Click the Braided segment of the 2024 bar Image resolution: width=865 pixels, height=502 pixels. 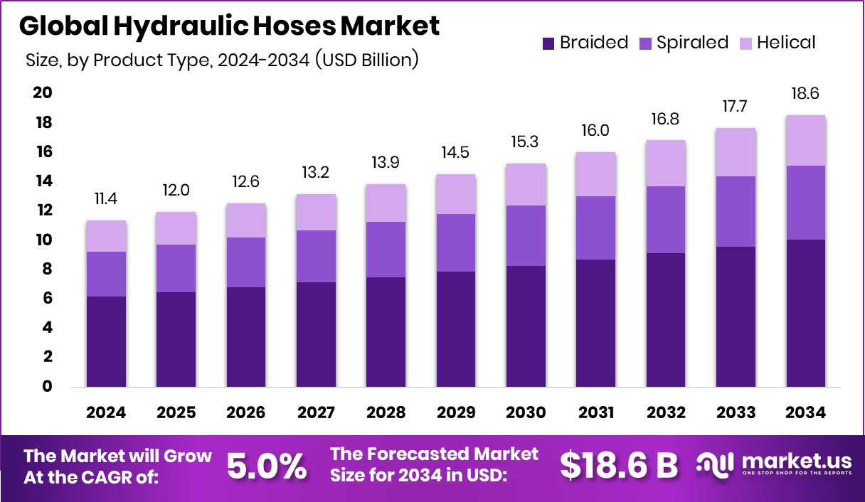pos(107,342)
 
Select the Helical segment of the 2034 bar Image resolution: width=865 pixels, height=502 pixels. pos(806,141)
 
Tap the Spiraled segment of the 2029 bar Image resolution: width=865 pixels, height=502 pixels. pos(456,243)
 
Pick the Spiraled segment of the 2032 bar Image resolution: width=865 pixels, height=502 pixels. pos(666,220)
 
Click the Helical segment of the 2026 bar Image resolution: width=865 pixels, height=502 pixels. pos(246,220)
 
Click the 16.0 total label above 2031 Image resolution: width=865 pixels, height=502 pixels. pos(596,130)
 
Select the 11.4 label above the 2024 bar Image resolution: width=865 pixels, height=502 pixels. pos(107,198)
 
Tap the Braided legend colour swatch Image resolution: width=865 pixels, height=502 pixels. pos(548,43)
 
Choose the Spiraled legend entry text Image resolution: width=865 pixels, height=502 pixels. pos(692,43)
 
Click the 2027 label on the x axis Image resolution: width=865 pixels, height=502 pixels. pos(317,413)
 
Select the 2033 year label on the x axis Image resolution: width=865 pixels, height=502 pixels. pos(736,413)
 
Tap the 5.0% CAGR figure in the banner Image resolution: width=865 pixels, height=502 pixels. pos(267,466)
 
